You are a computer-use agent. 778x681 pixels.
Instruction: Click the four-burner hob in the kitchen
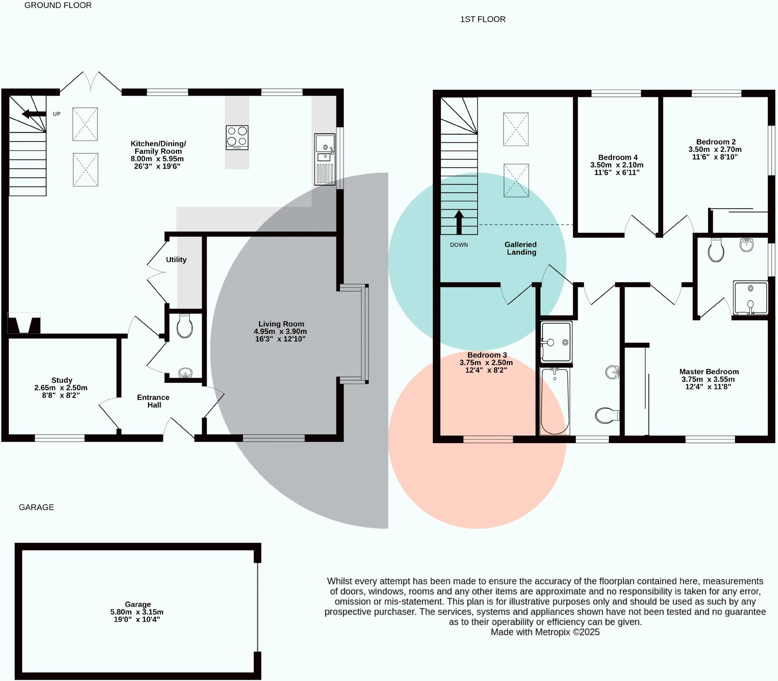coord(237,137)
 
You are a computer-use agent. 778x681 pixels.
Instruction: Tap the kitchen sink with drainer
coord(325,159)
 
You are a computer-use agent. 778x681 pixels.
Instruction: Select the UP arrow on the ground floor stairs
coord(34,114)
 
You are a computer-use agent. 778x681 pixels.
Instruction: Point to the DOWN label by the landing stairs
coord(459,245)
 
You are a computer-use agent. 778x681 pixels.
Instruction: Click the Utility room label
coord(176,259)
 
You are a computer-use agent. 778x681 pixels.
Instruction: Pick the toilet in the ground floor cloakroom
coord(185,325)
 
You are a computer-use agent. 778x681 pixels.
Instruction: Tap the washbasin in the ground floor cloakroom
coord(185,373)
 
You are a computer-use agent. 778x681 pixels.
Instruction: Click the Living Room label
coord(281,324)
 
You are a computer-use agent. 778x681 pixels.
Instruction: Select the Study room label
coord(62,380)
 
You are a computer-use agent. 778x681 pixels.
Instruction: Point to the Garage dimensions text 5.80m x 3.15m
coord(137,612)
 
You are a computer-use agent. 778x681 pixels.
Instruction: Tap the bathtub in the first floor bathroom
coord(555,401)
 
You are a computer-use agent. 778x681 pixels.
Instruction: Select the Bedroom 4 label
coord(618,157)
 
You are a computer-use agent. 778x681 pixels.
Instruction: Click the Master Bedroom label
coord(709,372)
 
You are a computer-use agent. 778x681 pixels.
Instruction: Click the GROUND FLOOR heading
coord(58,5)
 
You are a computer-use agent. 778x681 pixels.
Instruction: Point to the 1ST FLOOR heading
coord(483,19)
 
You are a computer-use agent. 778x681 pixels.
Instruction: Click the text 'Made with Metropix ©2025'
coord(545,632)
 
